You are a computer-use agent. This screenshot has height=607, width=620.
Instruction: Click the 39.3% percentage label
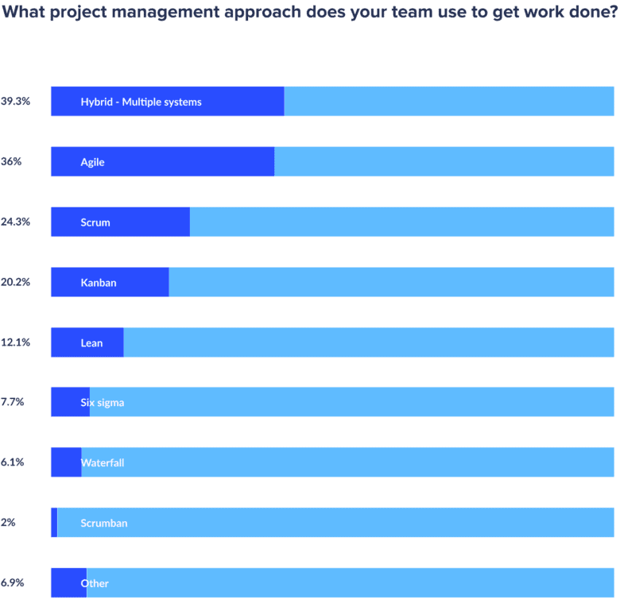[x=15, y=102]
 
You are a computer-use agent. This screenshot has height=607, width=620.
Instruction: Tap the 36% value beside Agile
[x=11, y=162]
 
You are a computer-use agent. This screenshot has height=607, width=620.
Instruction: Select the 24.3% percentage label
[x=15, y=222]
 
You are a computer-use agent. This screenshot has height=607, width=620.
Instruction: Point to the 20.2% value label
[x=15, y=283]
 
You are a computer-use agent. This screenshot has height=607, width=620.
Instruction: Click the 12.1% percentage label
[x=15, y=342]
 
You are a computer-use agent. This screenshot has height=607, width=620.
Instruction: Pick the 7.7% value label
[x=13, y=403]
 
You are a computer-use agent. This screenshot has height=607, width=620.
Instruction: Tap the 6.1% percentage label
[x=13, y=462]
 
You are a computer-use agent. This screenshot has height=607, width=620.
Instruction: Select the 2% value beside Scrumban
[x=9, y=523]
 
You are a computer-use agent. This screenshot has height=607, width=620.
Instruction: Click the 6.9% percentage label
[x=13, y=583]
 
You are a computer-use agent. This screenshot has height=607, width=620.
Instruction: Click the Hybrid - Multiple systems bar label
[x=141, y=102]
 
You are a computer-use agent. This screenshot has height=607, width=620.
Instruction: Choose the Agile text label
[x=92, y=162]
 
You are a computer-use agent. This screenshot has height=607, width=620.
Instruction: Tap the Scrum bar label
[x=95, y=222]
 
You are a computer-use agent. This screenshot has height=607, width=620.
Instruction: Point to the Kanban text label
[x=99, y=283]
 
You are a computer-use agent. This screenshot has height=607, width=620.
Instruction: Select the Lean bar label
[x=91, y=343]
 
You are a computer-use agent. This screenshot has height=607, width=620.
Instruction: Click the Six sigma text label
[x=102, y=403]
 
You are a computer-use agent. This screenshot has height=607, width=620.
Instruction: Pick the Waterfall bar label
[x=102, y=462]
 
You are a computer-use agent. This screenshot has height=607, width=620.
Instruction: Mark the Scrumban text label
[x=103, y=523]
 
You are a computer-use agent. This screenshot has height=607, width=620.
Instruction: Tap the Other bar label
[x=95, y=583]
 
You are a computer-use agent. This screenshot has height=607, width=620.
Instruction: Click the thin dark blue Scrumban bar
[x=54, y=523]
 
